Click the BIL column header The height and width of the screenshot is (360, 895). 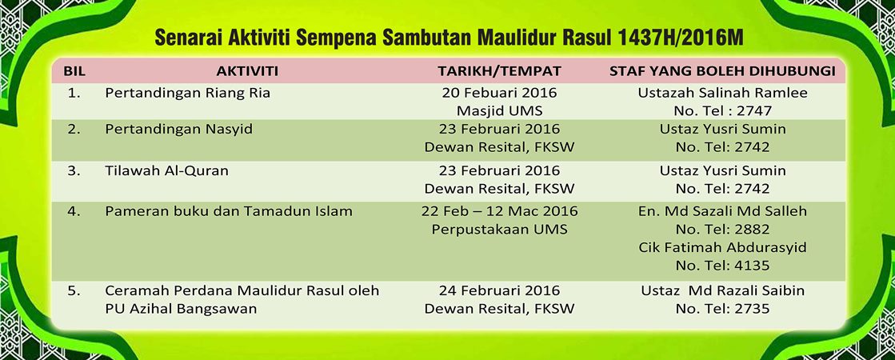(x=74, y=71)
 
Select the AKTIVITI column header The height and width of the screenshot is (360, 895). (x=247, y=71)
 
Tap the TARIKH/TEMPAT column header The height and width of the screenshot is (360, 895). (x=499, y=71)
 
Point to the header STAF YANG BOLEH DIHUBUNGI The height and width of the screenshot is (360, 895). (x=722, y=71)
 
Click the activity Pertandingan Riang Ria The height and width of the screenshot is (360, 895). (x=188, y=94)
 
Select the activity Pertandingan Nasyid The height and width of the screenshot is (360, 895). (x=178, y=130)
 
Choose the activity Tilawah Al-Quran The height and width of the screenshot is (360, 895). (x=166, y=170)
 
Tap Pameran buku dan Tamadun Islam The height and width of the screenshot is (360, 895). (x=228, y=211)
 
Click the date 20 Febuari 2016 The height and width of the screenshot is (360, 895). (x=499, y=93)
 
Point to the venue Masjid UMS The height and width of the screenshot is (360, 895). (x=499, y=111)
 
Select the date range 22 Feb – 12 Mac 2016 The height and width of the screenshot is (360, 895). (x=499, y=211)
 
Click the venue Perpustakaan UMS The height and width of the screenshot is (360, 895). (x=499, y=230)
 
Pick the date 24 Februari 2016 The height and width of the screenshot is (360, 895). (x=499, y=290)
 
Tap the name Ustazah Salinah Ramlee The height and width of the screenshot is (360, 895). (x=722, y=93)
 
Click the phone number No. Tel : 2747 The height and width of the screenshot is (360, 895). (x=722, y=111)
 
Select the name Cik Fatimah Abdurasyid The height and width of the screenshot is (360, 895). (x=722, y=248)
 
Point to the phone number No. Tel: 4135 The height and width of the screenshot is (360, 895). (x=722, y=266)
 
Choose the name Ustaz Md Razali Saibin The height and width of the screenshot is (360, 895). (x=722, y=290)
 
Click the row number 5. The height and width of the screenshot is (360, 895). (x=74, y=290)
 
